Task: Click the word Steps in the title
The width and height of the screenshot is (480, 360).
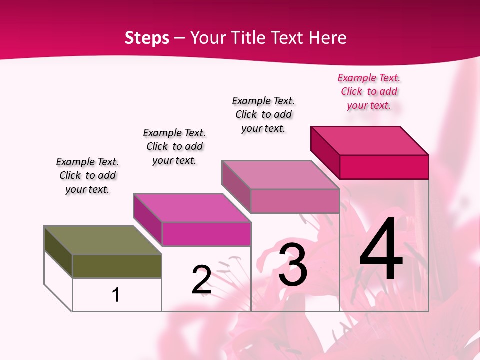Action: (147, 38)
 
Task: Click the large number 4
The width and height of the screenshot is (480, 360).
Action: (381, 250)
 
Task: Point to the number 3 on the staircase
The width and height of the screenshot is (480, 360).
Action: (293, 265)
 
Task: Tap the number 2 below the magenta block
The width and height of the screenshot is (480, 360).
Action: (201, 280)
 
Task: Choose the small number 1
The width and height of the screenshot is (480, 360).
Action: (116, 295)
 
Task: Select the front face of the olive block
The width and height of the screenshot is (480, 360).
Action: (117, 266)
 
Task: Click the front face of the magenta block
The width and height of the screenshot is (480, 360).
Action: (206, 234)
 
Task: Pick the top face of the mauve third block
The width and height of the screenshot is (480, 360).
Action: (280, 175)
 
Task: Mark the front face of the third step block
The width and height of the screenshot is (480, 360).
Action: (295, 201)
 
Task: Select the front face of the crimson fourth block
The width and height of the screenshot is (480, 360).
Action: (384, 167)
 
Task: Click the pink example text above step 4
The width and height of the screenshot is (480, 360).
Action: (369, 92)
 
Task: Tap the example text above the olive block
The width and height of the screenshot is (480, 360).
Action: (87, 176)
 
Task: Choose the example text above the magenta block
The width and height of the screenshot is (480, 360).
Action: (174, 147)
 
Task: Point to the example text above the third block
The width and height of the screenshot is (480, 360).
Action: (263, 115)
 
